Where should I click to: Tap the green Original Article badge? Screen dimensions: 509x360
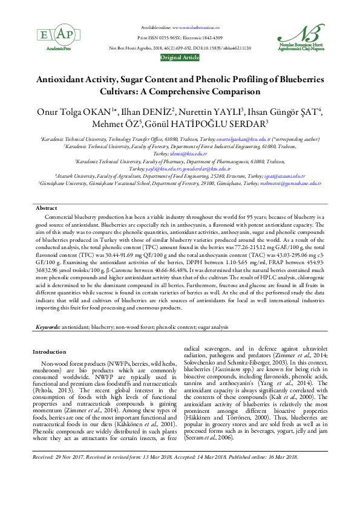tap(180, 57)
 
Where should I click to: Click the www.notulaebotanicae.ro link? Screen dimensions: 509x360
tap(195, 28)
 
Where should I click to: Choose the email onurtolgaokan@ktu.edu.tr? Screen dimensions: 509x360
tap(229, 139)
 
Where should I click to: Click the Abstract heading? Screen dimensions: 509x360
tap(47, 208)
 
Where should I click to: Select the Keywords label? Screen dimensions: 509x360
tap(47, 326)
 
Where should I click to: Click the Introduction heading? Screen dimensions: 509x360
tap(50, 351)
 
